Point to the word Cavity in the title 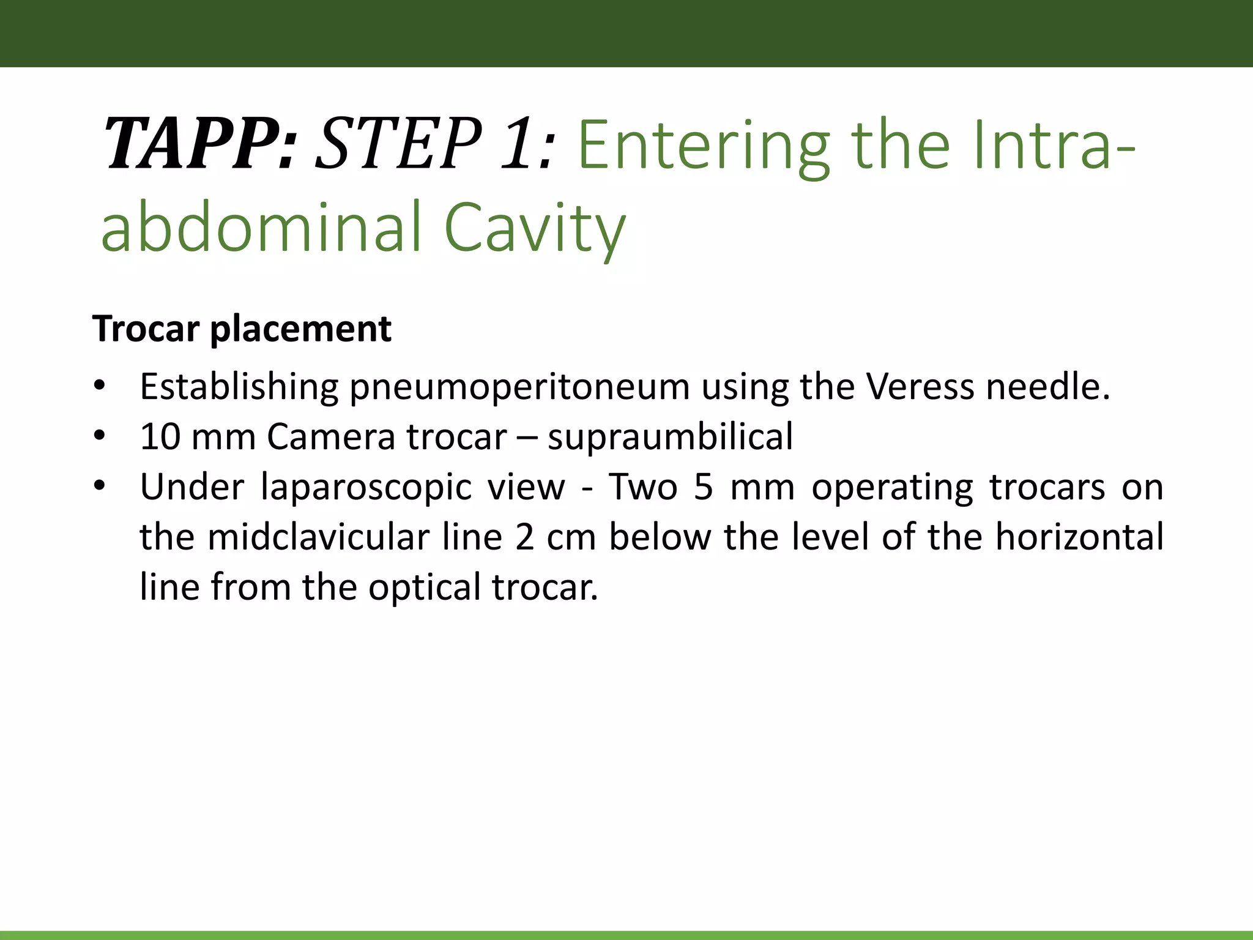point(535,228)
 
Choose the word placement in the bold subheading point(300,330)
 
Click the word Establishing point(239,387)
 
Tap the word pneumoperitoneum point(519,388)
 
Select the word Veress point(920,387)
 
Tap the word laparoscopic point(366,488)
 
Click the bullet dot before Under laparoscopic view point(100,487)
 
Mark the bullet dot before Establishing point(100,387)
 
